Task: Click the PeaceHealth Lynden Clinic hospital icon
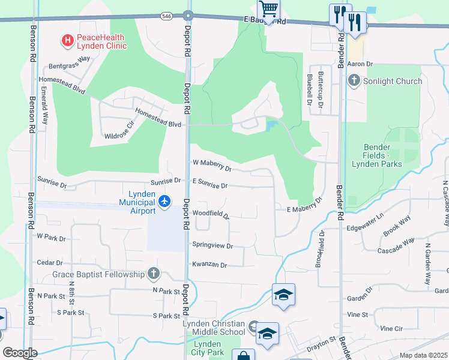[68, 40]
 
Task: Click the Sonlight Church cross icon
[354, 80]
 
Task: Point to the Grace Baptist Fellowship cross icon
[154, 274]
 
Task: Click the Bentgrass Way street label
[69, 59]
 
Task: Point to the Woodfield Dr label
[211, 214]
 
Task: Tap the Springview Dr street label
[212, 245]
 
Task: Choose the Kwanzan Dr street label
[209, 265]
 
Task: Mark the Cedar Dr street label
[50, 263]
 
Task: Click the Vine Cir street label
[391, 329]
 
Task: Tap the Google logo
[20, 353]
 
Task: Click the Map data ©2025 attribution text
[424, 355]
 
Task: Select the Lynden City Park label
[208, 348]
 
